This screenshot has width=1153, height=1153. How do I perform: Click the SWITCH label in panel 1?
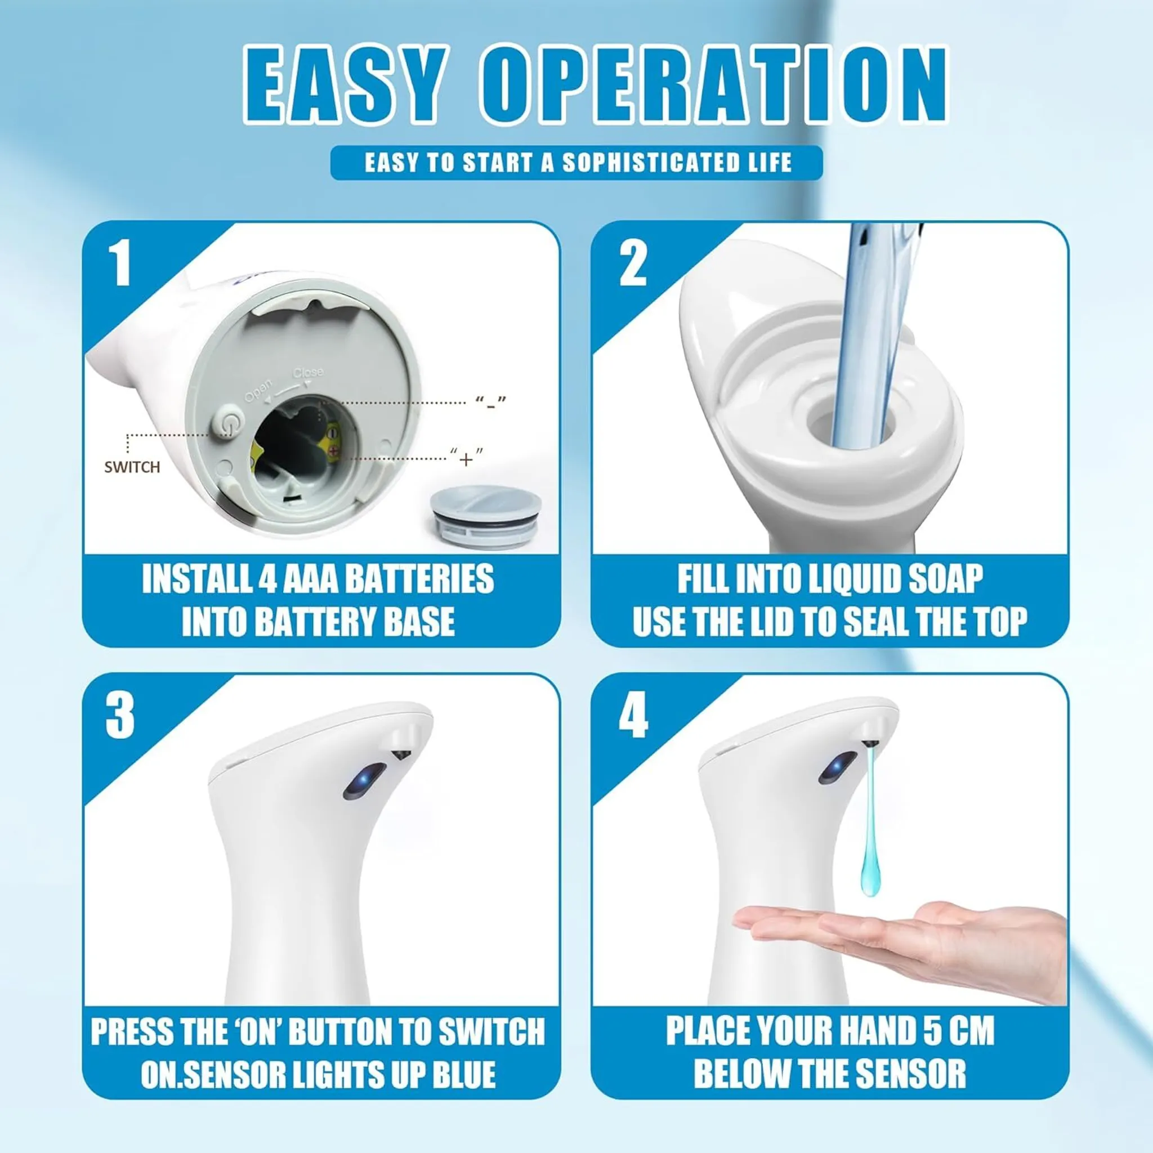click(x=132, y=467)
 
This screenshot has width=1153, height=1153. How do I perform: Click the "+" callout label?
click(x=467, y=458)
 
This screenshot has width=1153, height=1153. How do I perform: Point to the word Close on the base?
click(x=309, y=373)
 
